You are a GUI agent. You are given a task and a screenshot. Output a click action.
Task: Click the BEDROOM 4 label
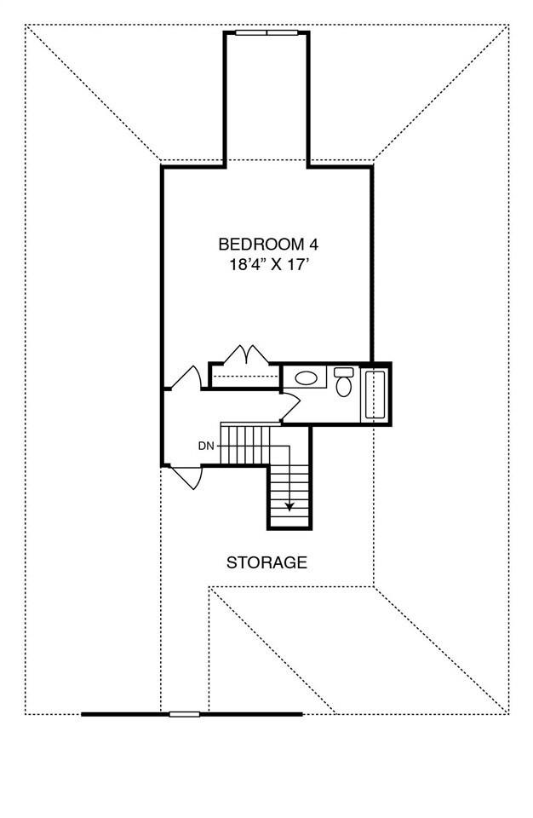(267, 244)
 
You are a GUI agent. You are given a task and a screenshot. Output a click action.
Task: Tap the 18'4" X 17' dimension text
(267, 264)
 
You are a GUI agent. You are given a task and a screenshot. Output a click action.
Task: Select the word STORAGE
(266, 562)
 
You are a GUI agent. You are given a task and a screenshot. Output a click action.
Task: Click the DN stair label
(205, 446)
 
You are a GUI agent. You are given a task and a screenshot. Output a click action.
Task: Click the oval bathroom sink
(306, 376)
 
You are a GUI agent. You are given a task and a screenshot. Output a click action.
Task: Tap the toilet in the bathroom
(344, 383)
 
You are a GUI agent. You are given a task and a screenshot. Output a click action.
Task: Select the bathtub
(375, 394)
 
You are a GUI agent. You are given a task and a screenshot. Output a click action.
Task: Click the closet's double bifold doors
(246, 354)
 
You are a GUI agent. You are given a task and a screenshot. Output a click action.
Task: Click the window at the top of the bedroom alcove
(266, 33)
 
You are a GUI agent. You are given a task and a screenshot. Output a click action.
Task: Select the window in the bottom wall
(184, 714)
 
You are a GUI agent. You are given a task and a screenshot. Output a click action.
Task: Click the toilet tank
(343, 372)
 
